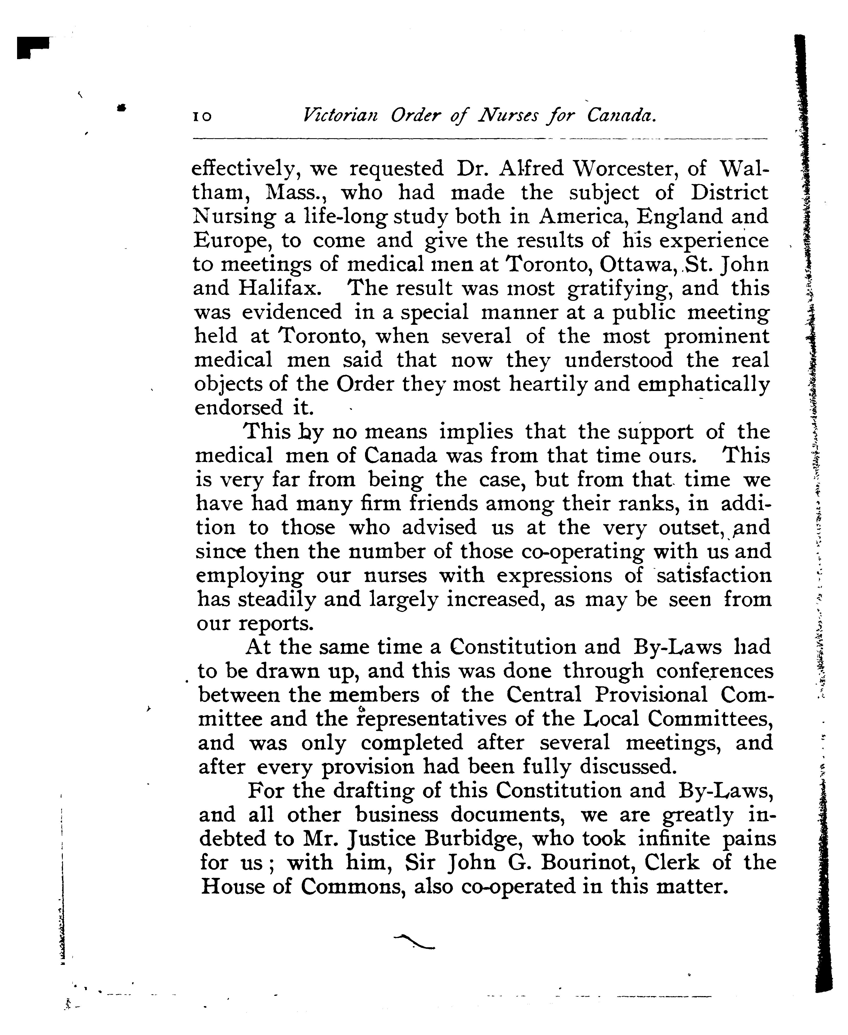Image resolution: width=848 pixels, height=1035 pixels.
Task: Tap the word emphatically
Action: [703, 385]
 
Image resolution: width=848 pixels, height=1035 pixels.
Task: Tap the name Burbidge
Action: [471, 839]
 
